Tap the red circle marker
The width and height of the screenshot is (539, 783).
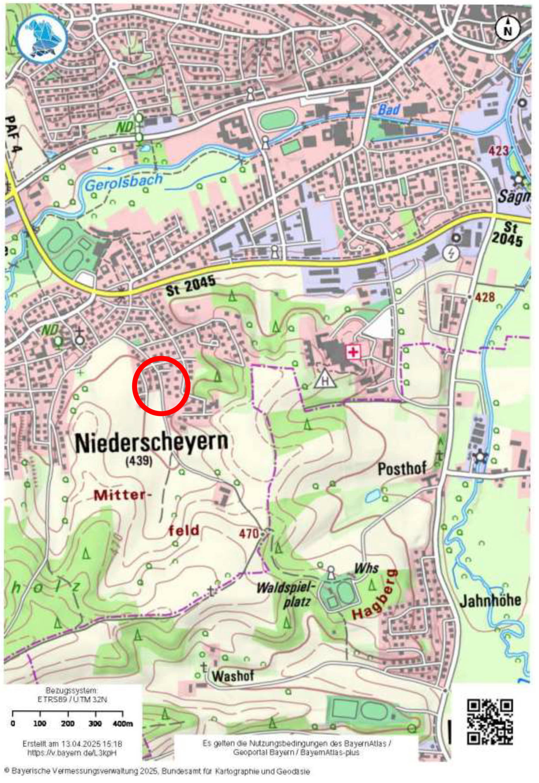point(161,386)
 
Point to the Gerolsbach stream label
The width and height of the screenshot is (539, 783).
point(124,182)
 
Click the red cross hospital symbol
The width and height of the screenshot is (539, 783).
point(353,353)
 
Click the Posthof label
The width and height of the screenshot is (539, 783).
point(402,469)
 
